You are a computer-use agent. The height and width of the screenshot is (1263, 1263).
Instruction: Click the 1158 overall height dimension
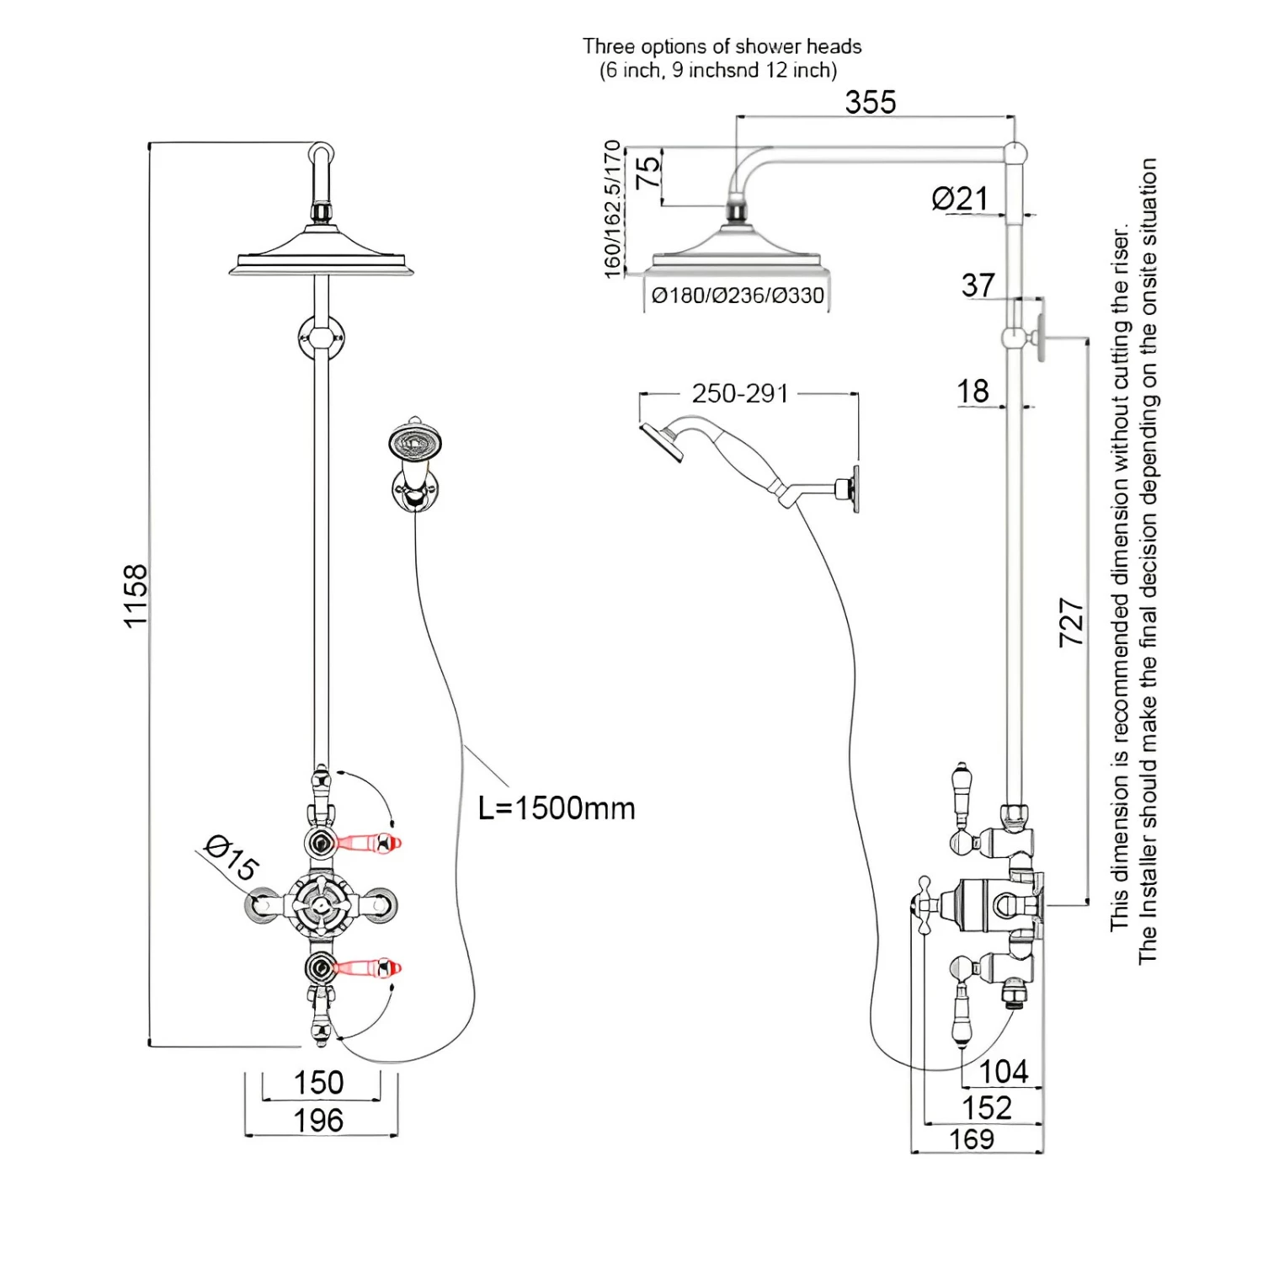point(136,596)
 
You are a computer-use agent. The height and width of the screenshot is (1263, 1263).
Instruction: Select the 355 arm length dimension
point(871,103)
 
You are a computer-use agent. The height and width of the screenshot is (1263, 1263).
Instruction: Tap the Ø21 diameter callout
point(959,199)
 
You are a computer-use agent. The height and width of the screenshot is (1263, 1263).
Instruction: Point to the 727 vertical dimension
point(1071,622)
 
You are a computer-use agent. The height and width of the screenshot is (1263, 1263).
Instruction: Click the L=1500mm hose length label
point(557,808)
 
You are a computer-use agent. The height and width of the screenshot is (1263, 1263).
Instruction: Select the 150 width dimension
point(318,1083)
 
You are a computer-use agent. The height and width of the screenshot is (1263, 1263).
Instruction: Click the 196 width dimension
point(318,1121)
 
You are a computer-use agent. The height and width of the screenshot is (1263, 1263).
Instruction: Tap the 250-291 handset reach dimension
point(740,393)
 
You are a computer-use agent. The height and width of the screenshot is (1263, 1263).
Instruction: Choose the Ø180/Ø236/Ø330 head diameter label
point(738,296)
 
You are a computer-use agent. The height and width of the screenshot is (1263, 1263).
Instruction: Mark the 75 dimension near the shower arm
point(648,174)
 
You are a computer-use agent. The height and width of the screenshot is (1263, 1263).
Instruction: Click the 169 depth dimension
point(972,1139)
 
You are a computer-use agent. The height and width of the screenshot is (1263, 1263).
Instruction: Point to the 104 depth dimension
point(1004,1072)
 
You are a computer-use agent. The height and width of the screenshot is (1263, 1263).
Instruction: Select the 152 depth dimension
point(987,1108)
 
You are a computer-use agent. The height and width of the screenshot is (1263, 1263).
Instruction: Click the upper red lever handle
point(367,842)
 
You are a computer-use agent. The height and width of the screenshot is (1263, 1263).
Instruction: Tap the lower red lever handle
point(367,968)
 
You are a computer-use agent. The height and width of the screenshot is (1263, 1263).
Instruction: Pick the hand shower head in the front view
point(416,441)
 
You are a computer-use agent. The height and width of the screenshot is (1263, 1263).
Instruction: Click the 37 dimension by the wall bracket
point(978,285)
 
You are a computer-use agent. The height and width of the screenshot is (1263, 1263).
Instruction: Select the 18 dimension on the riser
point(973,392)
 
